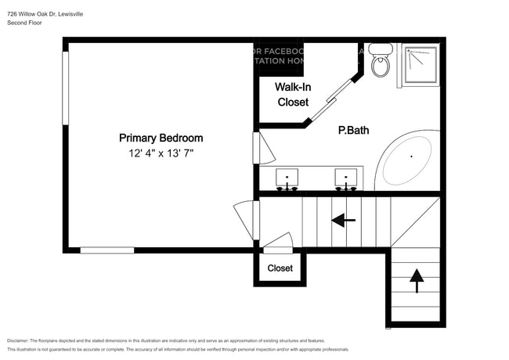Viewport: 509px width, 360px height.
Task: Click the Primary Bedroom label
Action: (x=161, y=138)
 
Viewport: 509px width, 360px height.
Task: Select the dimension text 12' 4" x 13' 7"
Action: (x=161, y=154)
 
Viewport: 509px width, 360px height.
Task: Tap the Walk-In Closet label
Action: (x=292, y=94)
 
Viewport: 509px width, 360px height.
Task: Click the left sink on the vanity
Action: (x=287, y=179)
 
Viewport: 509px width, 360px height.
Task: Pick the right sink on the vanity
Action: (x=346, y=179)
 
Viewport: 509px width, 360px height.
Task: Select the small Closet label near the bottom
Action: (x=280, y=268)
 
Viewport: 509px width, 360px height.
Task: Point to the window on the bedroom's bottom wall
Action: (x=106, y=250)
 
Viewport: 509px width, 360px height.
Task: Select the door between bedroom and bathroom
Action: (x=257, y=147)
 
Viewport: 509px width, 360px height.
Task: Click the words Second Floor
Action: (x=24, y=23)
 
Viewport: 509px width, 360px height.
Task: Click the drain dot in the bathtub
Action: (x=412, y=157)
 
